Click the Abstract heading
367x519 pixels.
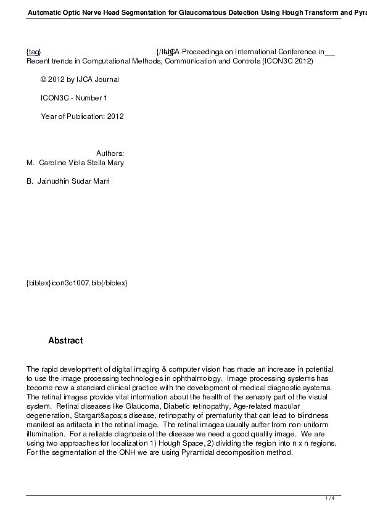tap(65, 341)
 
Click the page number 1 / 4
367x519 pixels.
tap(330, 498)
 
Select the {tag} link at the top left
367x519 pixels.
tap(33, 52)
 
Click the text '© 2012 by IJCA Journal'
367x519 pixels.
tap(80, 80)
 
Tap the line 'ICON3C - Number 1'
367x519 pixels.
tap(74, 98)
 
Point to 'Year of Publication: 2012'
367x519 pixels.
tap(82, 116)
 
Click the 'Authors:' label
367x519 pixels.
tap(110, 153)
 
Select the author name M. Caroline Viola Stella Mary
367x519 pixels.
tap(75, 163)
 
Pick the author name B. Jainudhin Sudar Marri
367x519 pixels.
tap(68, 181)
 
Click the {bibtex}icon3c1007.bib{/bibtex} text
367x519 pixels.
tap(77, 282)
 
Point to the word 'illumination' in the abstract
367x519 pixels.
tap(44, 434)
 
